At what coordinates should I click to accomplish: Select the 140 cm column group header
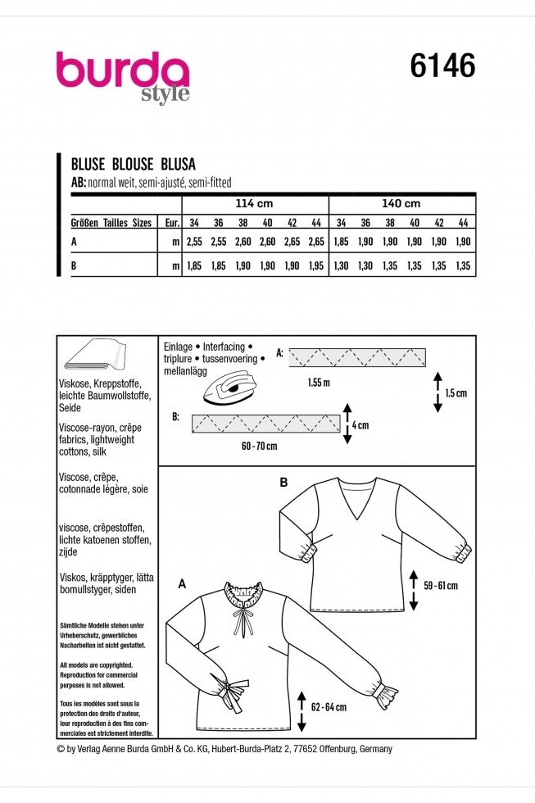[x=401, y=202]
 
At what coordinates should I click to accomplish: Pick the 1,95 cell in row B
[x=317, y=266]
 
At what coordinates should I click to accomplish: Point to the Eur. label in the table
[x=171, y=223]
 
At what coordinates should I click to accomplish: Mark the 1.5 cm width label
[x=456, y=392]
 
